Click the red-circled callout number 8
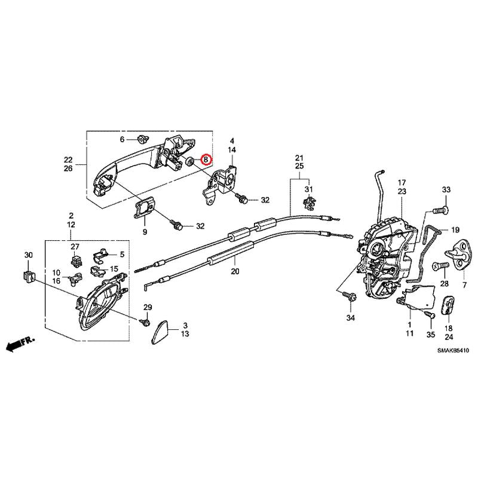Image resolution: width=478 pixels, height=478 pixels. pos(206,160)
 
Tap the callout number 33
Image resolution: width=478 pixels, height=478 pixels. pos(446,189)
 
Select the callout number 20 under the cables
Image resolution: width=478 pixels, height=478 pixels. pos(234,271)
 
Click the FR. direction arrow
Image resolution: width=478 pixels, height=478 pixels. pos(20,343)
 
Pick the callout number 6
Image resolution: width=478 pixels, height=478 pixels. pos(122,139)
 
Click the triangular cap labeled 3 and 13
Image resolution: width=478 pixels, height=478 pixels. pos(163,330)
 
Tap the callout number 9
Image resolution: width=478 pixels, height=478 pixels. pos(144,231)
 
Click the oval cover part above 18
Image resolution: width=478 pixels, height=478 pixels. pos(448,306)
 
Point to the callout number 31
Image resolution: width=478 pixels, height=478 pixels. pos(309,189)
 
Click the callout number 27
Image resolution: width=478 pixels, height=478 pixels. pos(75,247)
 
